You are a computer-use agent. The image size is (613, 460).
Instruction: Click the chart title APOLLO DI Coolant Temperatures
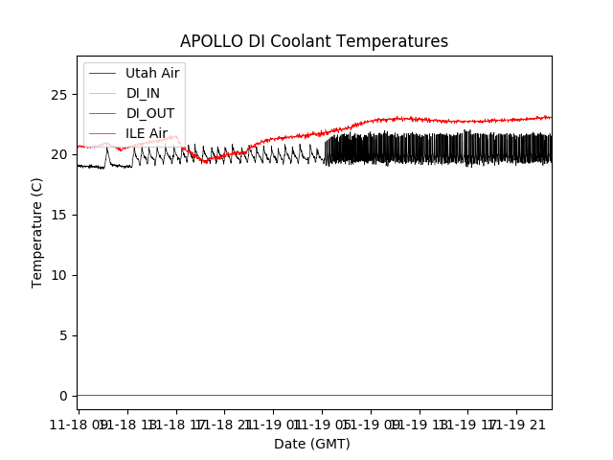point(314,41)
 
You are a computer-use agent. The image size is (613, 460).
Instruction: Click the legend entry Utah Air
point(152,73)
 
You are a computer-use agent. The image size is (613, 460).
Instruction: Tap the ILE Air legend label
point(147,133)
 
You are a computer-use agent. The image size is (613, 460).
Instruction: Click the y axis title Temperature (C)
point(37,231)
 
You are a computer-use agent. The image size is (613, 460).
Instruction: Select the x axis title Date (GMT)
point(312,444)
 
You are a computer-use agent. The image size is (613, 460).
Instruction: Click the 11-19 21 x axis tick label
point(517,423)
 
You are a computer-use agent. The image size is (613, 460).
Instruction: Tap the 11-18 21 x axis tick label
point(224,423)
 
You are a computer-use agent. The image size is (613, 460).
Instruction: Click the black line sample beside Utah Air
point(102,73)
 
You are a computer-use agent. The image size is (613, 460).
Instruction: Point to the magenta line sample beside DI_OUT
point(102,113)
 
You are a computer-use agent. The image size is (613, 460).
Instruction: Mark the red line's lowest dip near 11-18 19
point(205,162)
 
